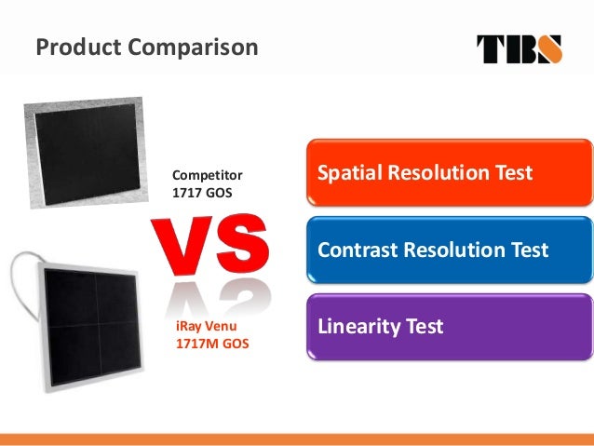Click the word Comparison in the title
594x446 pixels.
[190, 46]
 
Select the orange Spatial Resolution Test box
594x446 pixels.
[449, 173]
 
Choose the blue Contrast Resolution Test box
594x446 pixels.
[449, 250]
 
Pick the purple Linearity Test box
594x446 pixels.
[449, 328]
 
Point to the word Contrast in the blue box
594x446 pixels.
[358, 250]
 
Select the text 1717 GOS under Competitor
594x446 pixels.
[203, 192]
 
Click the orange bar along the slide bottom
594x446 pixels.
[297, 439]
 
